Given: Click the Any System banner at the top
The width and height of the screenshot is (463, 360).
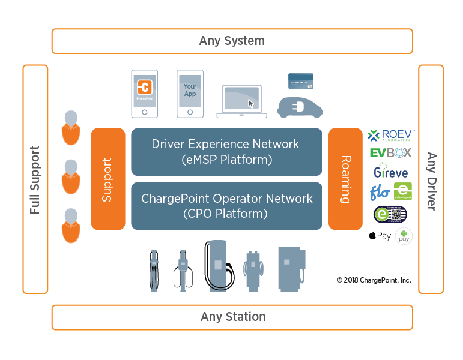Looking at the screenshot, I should coord(232,41).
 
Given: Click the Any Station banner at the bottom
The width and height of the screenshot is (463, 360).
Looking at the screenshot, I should coord(232,317).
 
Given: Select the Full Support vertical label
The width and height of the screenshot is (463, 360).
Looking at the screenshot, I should coord(35,179).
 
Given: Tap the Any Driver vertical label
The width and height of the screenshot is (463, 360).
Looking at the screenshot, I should coord(431,179).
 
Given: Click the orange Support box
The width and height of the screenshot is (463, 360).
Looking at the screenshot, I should coord(108,179).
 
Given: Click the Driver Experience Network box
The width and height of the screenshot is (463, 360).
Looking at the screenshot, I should coord(226,152).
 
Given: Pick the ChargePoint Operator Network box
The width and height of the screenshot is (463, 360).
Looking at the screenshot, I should coord(226,205).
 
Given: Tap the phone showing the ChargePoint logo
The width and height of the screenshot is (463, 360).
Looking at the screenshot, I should coord(145,94).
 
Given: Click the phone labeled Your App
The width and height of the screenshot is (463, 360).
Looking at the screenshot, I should coord(190,94).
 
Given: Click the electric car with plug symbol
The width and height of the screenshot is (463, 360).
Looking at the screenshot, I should coord(300,106).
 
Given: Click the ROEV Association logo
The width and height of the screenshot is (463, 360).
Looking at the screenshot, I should coord(390,136).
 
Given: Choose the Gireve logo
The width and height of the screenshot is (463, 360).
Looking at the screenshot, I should coord(390,172).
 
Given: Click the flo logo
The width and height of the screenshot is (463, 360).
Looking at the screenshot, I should coord(380,193).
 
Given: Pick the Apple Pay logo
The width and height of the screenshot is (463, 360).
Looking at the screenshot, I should coord(380,236).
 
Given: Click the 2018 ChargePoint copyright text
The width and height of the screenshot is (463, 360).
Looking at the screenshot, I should coord(374,280).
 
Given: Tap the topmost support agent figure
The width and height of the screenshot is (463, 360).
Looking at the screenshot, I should coord(71,127).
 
